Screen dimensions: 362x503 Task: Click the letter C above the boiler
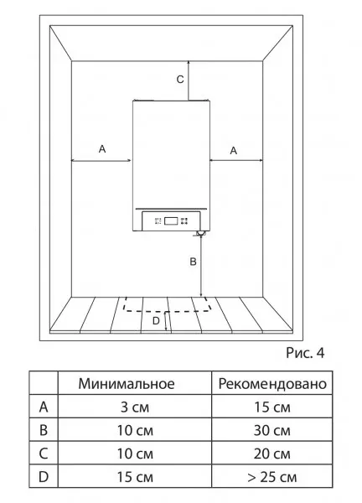[180, 80]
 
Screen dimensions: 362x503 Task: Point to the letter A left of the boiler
[102, 149]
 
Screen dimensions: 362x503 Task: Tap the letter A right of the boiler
[234, 150]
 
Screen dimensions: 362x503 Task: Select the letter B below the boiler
[193, 262]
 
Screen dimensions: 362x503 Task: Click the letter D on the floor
[156, 321]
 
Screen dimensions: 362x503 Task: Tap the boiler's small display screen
[171, 220]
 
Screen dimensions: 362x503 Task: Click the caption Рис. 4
[305, 353]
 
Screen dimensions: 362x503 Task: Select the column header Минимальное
[127, 384]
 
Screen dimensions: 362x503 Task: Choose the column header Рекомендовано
[272, 384]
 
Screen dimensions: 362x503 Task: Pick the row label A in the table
[44, 407]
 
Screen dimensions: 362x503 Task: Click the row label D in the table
[44, 477]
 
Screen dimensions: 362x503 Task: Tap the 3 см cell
[135, 407]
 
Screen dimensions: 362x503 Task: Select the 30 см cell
[271, 431]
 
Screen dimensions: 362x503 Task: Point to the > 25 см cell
[271, 477]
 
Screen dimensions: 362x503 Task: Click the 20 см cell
[271, 454]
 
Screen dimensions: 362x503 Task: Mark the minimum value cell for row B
[135, 431]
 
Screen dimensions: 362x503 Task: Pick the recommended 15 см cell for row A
[271, 407]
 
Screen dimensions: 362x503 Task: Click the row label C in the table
[44, 454]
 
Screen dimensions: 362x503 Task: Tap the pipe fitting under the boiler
[200, 234]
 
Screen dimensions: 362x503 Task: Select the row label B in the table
[44, 431]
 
